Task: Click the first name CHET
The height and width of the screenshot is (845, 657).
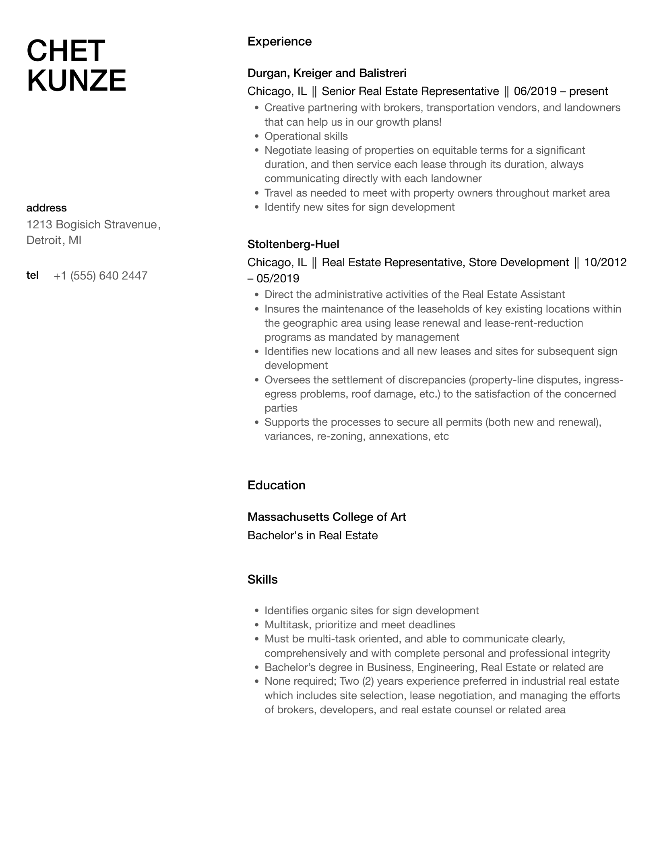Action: pyautogui.click(x=66, y=51)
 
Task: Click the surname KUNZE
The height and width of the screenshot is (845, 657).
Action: pyautogui.click(x=76, y=81)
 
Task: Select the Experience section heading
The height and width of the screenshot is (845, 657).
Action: pyautogui.click(x=279, y=41)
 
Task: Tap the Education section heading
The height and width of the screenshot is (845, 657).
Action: pyautogui.click(x=276, y=485)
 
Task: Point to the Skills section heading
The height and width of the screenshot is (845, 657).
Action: pyautogui.click(x=262, y=579)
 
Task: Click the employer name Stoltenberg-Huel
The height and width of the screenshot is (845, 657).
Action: pyautogui.click(x=293, y=244)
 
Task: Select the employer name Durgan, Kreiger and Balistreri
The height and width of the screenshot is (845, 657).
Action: pyautogui.click(x=327, y=73)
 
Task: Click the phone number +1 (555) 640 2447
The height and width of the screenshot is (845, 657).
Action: pyautogui.click(x=100, y=275)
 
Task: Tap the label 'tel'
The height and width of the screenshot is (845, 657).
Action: pyautogui.click(x=32, y=275)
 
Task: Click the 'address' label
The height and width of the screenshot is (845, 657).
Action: pyautogui.click(x=46, y=208)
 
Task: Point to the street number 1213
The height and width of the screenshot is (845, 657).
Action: pyautogui.click(x=39, y=224)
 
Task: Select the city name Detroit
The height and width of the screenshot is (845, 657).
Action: pyautogui.click(x=43, y=240)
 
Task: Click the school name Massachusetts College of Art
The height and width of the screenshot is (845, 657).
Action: pyautogui.click(x=326, y=517)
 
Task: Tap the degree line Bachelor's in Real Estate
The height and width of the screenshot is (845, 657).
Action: pyautogui.click(x=312, y=535)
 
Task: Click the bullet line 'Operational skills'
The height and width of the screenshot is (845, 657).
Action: pyautogui.click(x=306, y=136)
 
